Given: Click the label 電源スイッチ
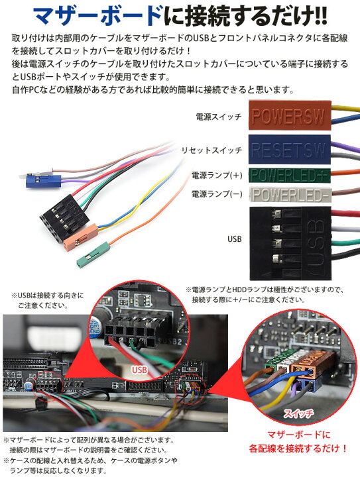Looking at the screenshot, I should point(219,117).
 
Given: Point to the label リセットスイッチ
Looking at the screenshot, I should point(211,151).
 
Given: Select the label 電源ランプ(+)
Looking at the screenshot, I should point(216,176).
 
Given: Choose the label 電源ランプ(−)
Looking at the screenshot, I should point(216,195).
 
